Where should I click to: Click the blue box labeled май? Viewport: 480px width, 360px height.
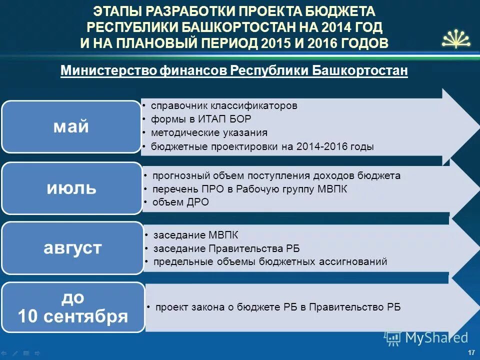(71, 126)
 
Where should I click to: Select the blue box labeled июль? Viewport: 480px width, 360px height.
(71, 188)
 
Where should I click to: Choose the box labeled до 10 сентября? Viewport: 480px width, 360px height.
(73, 307)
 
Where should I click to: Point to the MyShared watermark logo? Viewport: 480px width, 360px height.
(426, 338)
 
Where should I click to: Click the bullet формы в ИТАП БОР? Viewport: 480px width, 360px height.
(201, 119)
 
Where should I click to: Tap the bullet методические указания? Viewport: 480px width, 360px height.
(209, 133)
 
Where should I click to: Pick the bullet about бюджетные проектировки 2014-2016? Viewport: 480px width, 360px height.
(262, 147)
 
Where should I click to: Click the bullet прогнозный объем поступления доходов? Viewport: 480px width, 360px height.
(276, 176)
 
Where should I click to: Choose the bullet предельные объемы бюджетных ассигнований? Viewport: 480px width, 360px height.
(270, 262)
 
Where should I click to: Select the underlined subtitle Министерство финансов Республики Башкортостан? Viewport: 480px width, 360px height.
(234, 71)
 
